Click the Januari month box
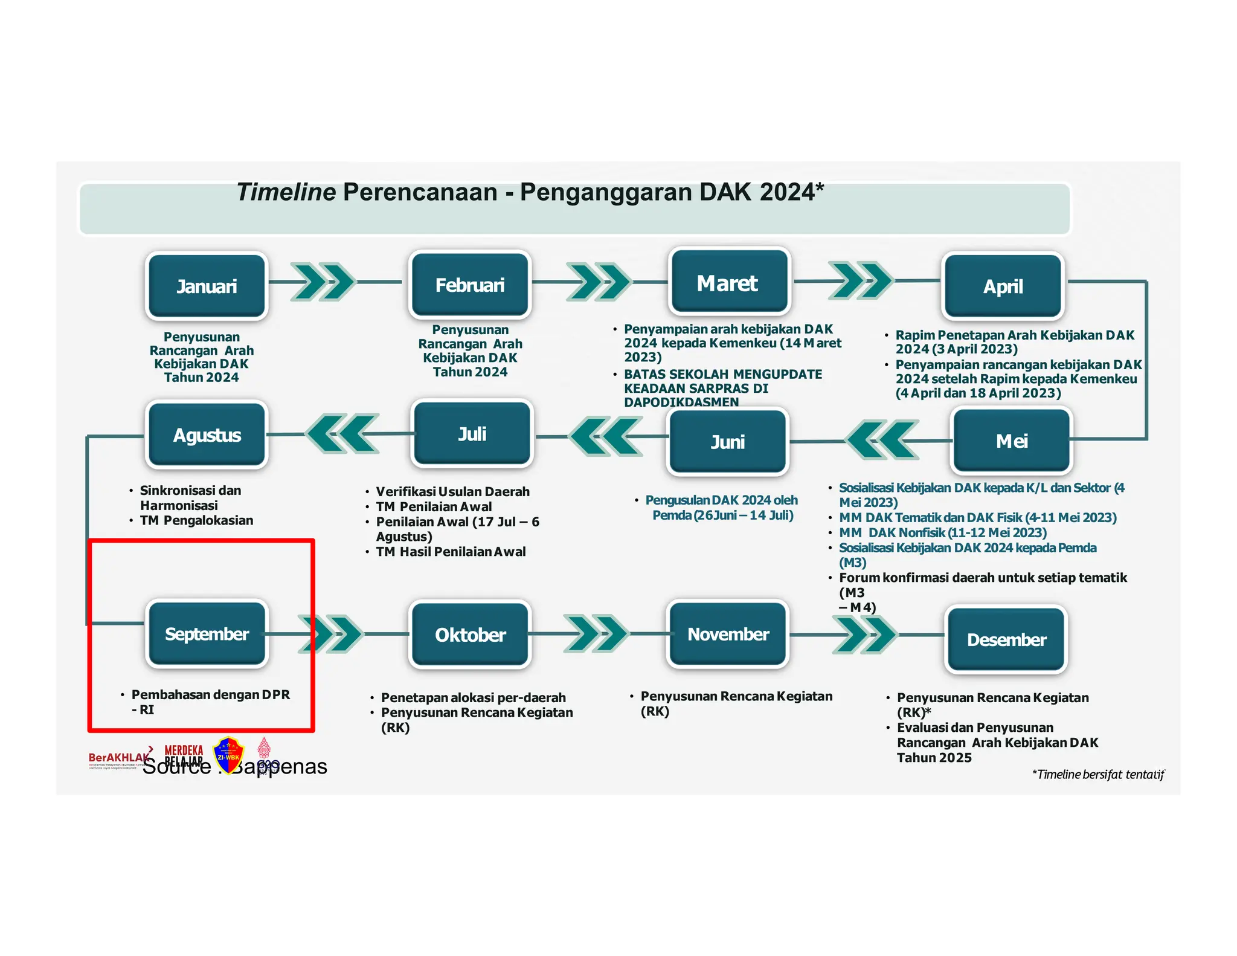[x=207, y=286]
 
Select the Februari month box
[x=470, y=285]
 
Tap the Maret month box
[x=729, y=282]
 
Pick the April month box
[x=1003, y=286]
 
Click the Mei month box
[x=1011, y=441]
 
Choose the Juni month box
[x=728, y=442]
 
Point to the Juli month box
[x=472, y=434]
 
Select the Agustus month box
[x=207, y=435]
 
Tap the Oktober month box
[x=470, y=635]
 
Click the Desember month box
[x=1006, y=639]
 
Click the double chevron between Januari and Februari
[x=323, y=282]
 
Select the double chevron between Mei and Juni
[x=882, y=440]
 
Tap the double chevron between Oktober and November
[x=596, y=633]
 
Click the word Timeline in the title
[x=286, y=192]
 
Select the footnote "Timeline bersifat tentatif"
[x=1098, y=775]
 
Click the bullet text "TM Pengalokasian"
[x=196, y=520]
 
